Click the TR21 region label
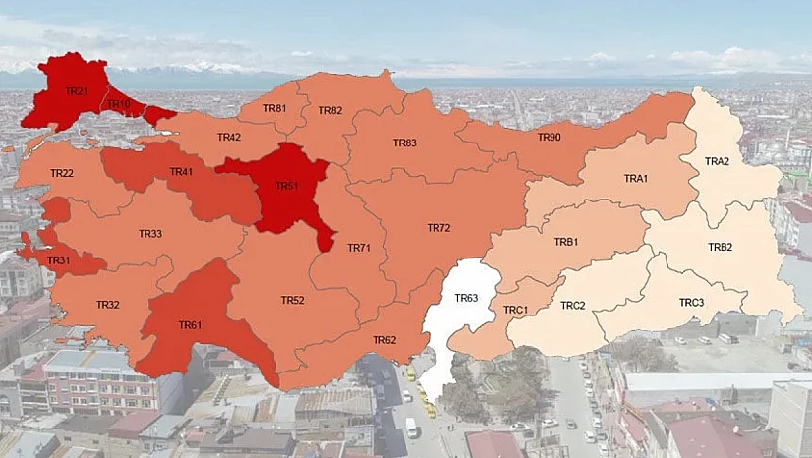point(77,91)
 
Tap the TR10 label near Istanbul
point(119,104)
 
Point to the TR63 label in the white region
point(466,297)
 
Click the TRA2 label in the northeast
point(718,161)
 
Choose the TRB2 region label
point(721,247)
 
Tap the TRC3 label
point(692,302)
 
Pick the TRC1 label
point(516,310)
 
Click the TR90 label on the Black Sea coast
point(549,137)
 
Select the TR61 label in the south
point(190,325)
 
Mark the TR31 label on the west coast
point(59,260)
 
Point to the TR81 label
point(275,108)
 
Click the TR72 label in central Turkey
point(438,227)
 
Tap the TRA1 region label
point(636,178)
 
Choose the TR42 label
point(229,137)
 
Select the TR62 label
point(384,340)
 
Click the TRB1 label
point(566,241)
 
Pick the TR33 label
point(150,233)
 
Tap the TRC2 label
point(573,306)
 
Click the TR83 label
point(405,143)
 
